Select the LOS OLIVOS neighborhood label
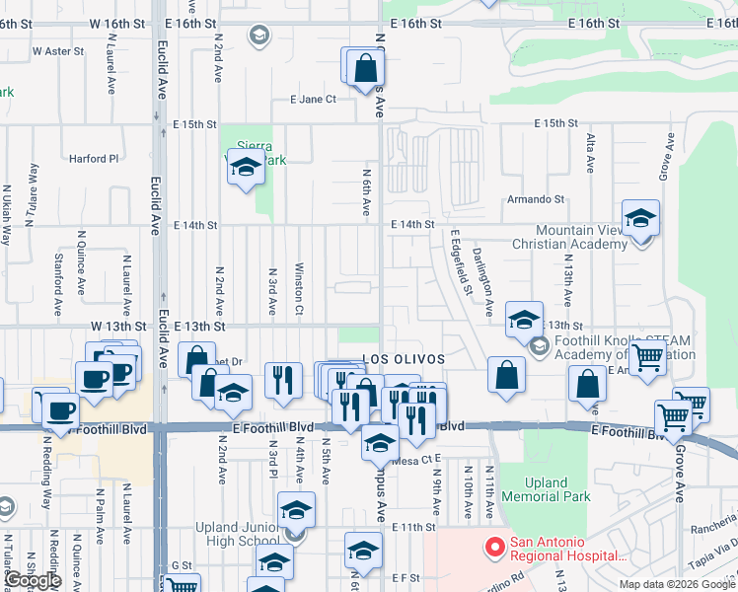pyautogui.click(x=404, y=359)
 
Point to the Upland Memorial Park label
pyautogui.click(x=546, y=490)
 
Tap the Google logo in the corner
pyautogui.click(x=33, y=580)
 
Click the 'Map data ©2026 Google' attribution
pyautogui.click(x=676, y=584)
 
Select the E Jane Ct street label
pyautogui.click(x=313, y=99)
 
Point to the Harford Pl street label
pyautogui.click(x=93, y=158)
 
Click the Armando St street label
pyautogui.click(x=535, y=199)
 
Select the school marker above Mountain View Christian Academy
pyautogui.click(x=640, y=218)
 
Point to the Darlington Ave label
pyautogui.click(x=481, y=267)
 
